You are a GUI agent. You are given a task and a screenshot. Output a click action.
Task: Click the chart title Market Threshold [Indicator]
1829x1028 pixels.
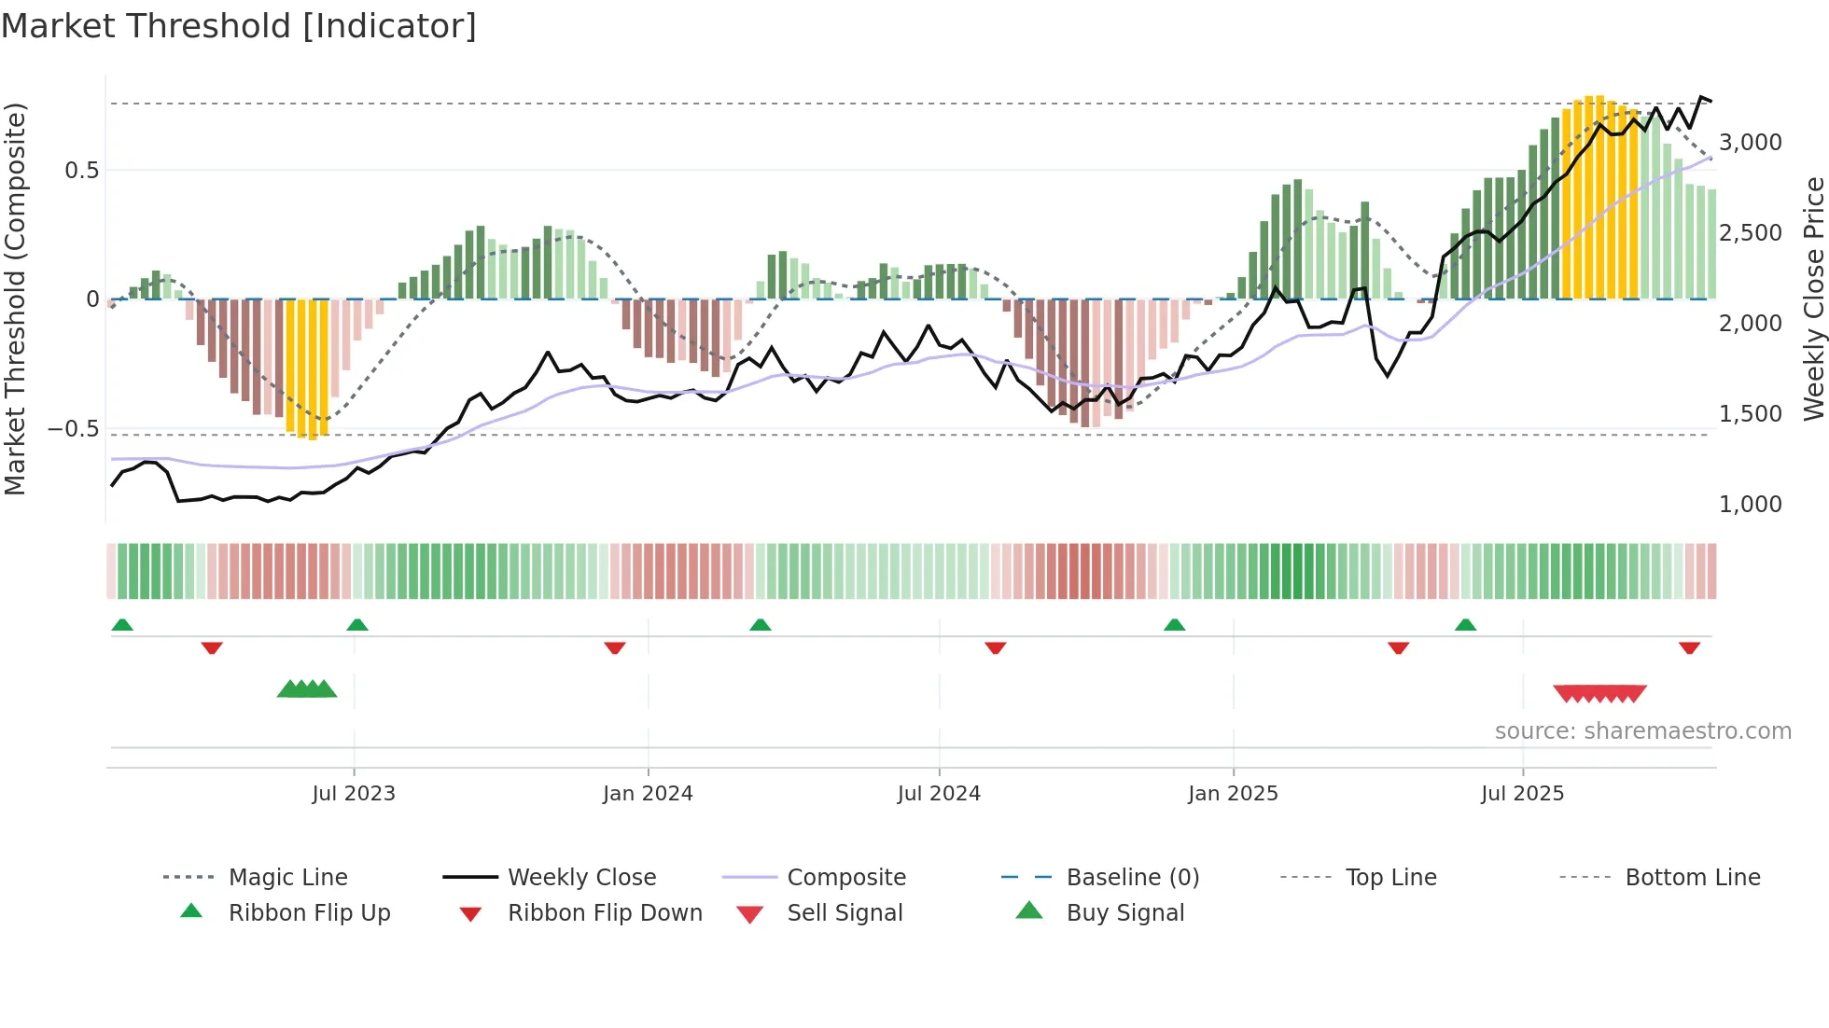point(239,26)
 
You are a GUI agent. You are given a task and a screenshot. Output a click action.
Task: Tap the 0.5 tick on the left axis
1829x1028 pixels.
point(81,170)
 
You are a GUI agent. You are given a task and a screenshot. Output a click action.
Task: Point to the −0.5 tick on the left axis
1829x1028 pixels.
point(73,429)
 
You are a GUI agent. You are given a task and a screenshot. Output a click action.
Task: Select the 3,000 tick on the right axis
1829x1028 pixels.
point(1750,143)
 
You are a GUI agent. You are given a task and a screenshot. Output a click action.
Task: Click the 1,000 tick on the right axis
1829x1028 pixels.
point(1750,505)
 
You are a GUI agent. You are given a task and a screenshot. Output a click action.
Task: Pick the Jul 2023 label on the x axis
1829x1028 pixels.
point(354,794)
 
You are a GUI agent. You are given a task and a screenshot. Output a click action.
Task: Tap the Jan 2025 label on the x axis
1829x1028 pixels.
point(1233,794)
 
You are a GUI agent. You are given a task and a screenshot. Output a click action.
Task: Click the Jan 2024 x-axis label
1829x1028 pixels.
point(648,794)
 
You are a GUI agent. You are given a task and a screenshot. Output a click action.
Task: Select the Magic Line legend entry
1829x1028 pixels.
point(287,878)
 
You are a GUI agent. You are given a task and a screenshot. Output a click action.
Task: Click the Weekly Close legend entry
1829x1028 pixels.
point(581,878)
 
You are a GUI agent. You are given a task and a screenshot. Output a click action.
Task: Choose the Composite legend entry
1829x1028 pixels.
point(846,878)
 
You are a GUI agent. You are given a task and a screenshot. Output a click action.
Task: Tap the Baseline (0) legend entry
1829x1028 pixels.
point(1132,878)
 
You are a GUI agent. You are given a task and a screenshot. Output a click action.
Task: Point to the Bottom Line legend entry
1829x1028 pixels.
point(1692,878)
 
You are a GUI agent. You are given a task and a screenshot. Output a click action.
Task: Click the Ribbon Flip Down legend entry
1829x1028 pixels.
point(604,913)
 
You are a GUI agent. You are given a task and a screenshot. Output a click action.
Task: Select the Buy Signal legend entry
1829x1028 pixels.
point(1124,913)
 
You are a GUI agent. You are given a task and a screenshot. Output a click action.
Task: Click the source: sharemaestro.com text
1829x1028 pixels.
point(1642,731)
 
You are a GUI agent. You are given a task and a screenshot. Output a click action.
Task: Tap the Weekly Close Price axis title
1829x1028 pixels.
point(1813,299)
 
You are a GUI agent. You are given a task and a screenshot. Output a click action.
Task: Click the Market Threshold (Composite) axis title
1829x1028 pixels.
point(15,299)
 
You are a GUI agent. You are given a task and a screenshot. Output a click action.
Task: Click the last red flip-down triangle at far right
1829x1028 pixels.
point(1689,647)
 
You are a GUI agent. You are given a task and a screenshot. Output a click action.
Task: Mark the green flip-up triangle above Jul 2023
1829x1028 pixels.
point(357,625)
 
